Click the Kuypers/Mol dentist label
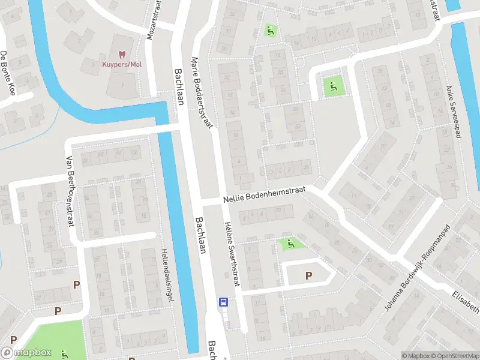click(121, 64)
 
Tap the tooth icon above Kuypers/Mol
click(121, 54)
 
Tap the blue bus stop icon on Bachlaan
click(223, 302)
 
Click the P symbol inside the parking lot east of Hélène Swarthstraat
click(308, 275)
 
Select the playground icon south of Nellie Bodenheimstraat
click(291, 244)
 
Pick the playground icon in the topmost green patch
click(270, 29)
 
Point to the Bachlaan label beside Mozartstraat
click(179, 86)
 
